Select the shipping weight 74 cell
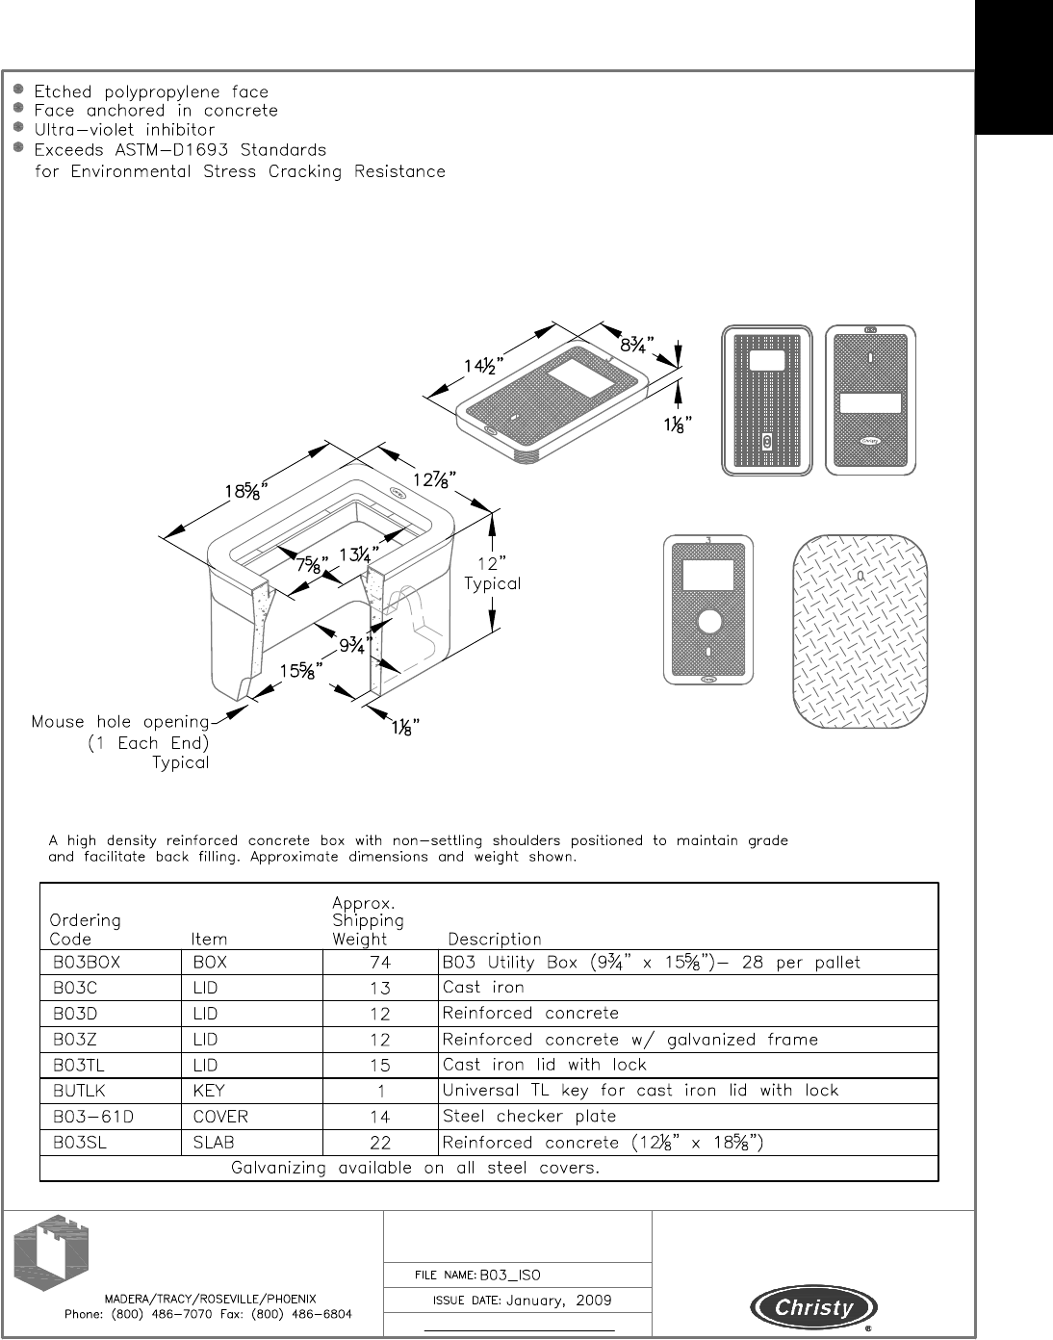click(x=380, y=963)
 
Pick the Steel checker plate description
click(x=528, y=1117)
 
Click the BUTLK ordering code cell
click(x=84, y=1091)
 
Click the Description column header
click(x=495, y=939)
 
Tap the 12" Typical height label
click(x=492, y=574)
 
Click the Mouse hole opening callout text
click(x=120, y=722)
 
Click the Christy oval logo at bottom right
click(x=814, y=1307)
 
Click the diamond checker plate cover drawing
click(x=860, y=631)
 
